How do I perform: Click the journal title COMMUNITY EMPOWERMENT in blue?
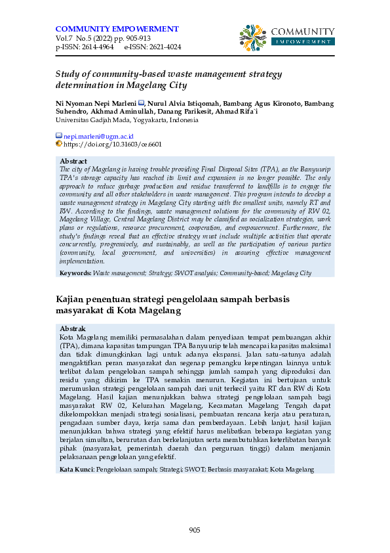117,29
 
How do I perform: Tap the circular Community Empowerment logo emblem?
253,37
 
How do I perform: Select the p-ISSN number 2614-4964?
96,47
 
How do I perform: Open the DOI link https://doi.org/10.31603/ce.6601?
113,144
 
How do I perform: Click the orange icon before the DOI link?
59,143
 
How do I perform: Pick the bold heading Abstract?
73,161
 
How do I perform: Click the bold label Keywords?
75,273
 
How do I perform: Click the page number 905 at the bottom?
195,530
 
